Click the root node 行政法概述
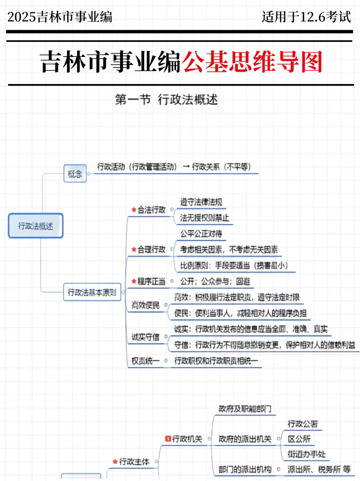[x=36, y=226]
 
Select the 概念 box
[x=75, y=174]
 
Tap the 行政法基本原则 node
[x=92, y=292]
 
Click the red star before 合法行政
[x=134, y=210]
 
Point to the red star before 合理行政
[x=134, y=249]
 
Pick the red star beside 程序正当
[x=134, y=281]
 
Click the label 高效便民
[x=146, y=305]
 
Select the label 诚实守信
[x=146, y=337]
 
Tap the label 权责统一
[x=146, y=361]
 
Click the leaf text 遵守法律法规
[x=201, y=202]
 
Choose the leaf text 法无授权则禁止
[x=204, y=218]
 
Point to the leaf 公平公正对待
[x=201, y=234]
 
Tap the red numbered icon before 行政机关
[x=168, y=439]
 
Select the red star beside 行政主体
[x=115, y=462]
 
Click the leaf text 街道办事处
[x=306, y=454]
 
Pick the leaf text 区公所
[x=299, y=439]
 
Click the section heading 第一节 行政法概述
[x=166, y=99]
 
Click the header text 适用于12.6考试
[x=306, y=17]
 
